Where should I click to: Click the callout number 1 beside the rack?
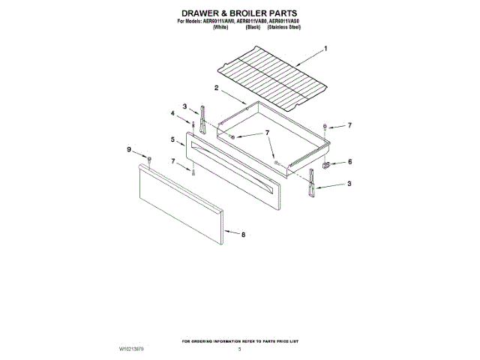(325, 49)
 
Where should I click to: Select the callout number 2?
(216, 88)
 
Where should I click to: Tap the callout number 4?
(172, 113)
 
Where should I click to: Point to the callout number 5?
(172, 139)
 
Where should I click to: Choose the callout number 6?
(349, 161)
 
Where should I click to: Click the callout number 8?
(243, 235)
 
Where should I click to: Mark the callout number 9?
(128, 150)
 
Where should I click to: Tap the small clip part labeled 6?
(328, 162)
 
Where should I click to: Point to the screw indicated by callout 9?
(149, 160)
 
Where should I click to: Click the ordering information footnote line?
(239, 342)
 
